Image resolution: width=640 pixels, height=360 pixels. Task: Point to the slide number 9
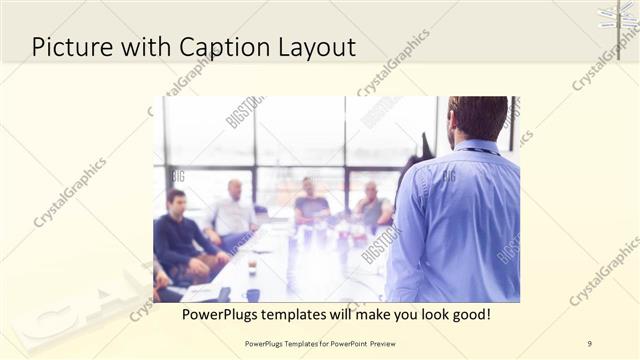[x=590, y=342]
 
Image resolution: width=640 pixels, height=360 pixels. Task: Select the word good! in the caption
[x=467, y=314]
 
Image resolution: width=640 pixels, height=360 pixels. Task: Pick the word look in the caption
[x=423, y=314]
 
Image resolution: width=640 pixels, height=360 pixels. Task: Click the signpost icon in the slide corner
[x=619, y=18]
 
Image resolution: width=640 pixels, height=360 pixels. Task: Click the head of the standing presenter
[x=478, y=118]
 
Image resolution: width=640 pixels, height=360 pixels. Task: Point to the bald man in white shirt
[x=234, y=212]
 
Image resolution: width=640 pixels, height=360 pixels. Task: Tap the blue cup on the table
[x=253, y=295]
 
